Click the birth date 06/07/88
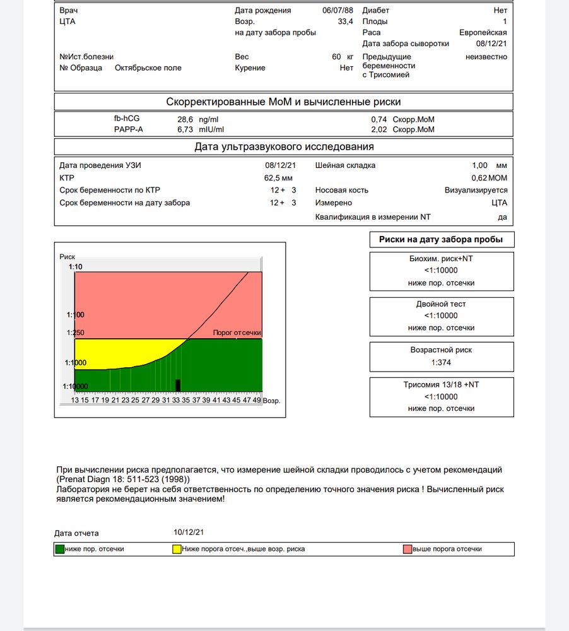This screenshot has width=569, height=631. pyautogui.click(x=337, y=10)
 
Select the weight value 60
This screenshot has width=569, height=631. pyautogui.click(x=336, y=57)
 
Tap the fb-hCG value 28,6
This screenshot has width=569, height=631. pyautogui.click(x=185, y=119)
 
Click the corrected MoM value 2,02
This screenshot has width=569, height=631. pyautogui.click(x=379, y=129)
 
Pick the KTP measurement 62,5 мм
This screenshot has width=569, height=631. pyautogui.click(x=278, y=178)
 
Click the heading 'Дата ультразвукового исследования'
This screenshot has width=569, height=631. pyautogui.click(x=284, y=147)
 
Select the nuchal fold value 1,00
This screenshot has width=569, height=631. pyautogui.click(x=481, y=165)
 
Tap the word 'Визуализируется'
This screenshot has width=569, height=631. pyautogui.click(x=476, y=190)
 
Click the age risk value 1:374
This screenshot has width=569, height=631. pyautogui.click(x=442, y=362)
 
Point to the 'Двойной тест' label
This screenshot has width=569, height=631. pyautogui.click(x=442, y=304)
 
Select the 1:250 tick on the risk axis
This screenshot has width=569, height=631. pyautogui.click(x=75, y=332)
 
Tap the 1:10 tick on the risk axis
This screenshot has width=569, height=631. pyautogui.click(x=75, y=267)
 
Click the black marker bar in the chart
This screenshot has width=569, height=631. pyautogui.click(x=178, y=385)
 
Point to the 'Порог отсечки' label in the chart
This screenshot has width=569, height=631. pyautogui.click(x=237, y=333)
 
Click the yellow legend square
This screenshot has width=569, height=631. pyautogui.click(x=177, y=549)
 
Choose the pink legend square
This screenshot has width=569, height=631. pyautogui.click(x=408, y=549)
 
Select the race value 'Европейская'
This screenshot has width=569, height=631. pyautogui.click(x=483, y=33)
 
